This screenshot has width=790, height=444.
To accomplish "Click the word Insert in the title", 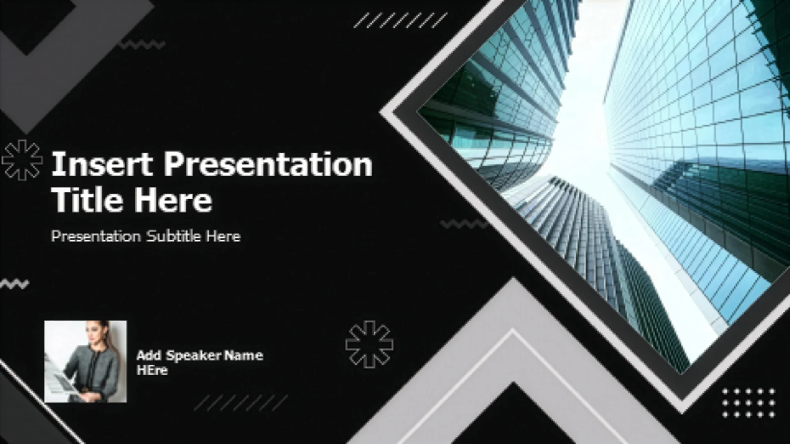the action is coord(102,164).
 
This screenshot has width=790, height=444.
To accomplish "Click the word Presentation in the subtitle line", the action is coord(96,236).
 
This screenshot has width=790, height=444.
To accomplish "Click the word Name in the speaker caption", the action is coord(245,355).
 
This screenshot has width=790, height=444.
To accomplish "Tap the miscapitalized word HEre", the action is coord(152,370).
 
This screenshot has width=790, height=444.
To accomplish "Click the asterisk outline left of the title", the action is coord(22,160).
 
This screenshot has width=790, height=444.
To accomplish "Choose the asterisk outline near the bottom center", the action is coord(369,344).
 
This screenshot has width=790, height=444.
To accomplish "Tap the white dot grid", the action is coord(748,402).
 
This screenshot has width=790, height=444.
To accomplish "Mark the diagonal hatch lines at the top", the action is coord(400,20).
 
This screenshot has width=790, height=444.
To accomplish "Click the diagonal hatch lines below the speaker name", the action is coord(241,403).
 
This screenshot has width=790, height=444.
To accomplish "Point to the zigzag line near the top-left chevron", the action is coord(142,44).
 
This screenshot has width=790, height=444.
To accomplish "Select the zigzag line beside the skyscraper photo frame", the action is coord(464,224).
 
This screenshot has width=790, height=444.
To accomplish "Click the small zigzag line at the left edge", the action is coord(14,283).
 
